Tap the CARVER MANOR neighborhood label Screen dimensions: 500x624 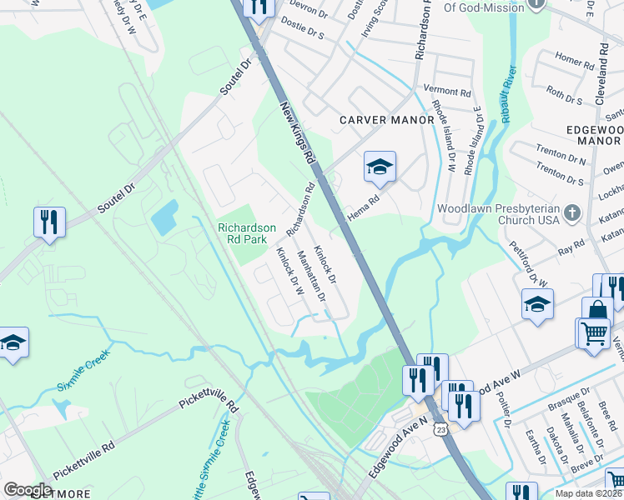point(387,120)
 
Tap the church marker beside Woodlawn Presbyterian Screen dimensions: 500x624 point(571,213)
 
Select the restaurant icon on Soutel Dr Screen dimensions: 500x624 point(49,222)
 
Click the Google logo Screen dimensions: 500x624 point(28,490)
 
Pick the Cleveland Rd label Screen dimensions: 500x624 point(601,75)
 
